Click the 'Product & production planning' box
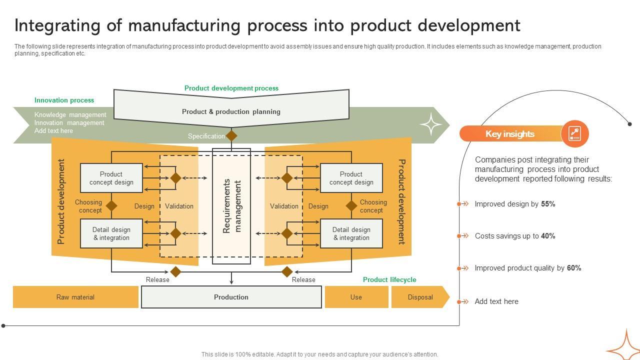pyautogui.click(x=231, y=111)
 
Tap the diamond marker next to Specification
pyautogui.click(x=231, y=135)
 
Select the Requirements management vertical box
pyautogui.click(x=231, y=206)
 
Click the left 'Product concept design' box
pyautogui.click(x=111, y=178)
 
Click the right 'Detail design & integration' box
pyautogui.click(x=351, y=233)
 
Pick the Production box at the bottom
pyautogui.click(x=231, y=297)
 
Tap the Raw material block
pyautogui.click(x=75, y=297)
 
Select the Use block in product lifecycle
pyautogui.click(x=356, y=297)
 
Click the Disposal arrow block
pyautogui.click(x=420, y=297)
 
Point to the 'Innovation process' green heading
pyautogui.click(x=64, y=100)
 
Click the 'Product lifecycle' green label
pyautogui.click(x=389, y=279)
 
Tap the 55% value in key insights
pyautogui.click(x=548, y=204)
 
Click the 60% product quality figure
pyautogui.click(x=574, y=268)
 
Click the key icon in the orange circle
pyautogui.click(x=574, y=134)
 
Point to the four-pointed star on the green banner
pyautogui.click(x=431, y=124)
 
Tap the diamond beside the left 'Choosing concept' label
pyautogui.click(x=111, y=205)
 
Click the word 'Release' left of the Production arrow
pyautogui.click(x=157, y=279)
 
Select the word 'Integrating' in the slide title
pyautogui.click(x=67, y=25)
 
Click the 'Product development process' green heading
pyautogui.click(x=231, y=88)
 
